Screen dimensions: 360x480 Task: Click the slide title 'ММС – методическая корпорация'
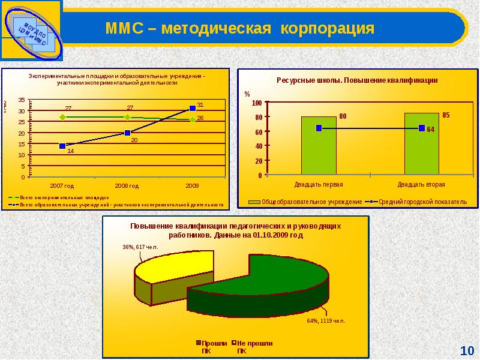(239, 28)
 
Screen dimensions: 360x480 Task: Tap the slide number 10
(467, 350)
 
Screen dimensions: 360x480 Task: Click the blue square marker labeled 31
(193, 108)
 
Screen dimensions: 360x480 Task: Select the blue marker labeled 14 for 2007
(62, 146)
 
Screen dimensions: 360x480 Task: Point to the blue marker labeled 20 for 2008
(127, 133)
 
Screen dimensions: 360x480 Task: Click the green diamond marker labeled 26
(193, 119)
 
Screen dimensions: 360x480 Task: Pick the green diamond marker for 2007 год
(62, 117)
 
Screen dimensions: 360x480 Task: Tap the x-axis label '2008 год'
(127, 186)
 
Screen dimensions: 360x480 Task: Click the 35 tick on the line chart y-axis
(22, 100)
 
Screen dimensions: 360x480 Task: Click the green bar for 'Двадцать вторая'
(421, 144)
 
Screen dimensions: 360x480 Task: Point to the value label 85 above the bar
(445, 114)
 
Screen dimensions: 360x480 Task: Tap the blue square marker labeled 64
(422, 128)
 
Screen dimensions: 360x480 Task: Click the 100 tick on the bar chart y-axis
(257, 103)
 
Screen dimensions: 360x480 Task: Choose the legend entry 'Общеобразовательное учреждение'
(307, 202)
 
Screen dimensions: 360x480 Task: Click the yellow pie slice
(174, 267)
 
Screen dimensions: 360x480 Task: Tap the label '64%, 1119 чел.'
(326, 320)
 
